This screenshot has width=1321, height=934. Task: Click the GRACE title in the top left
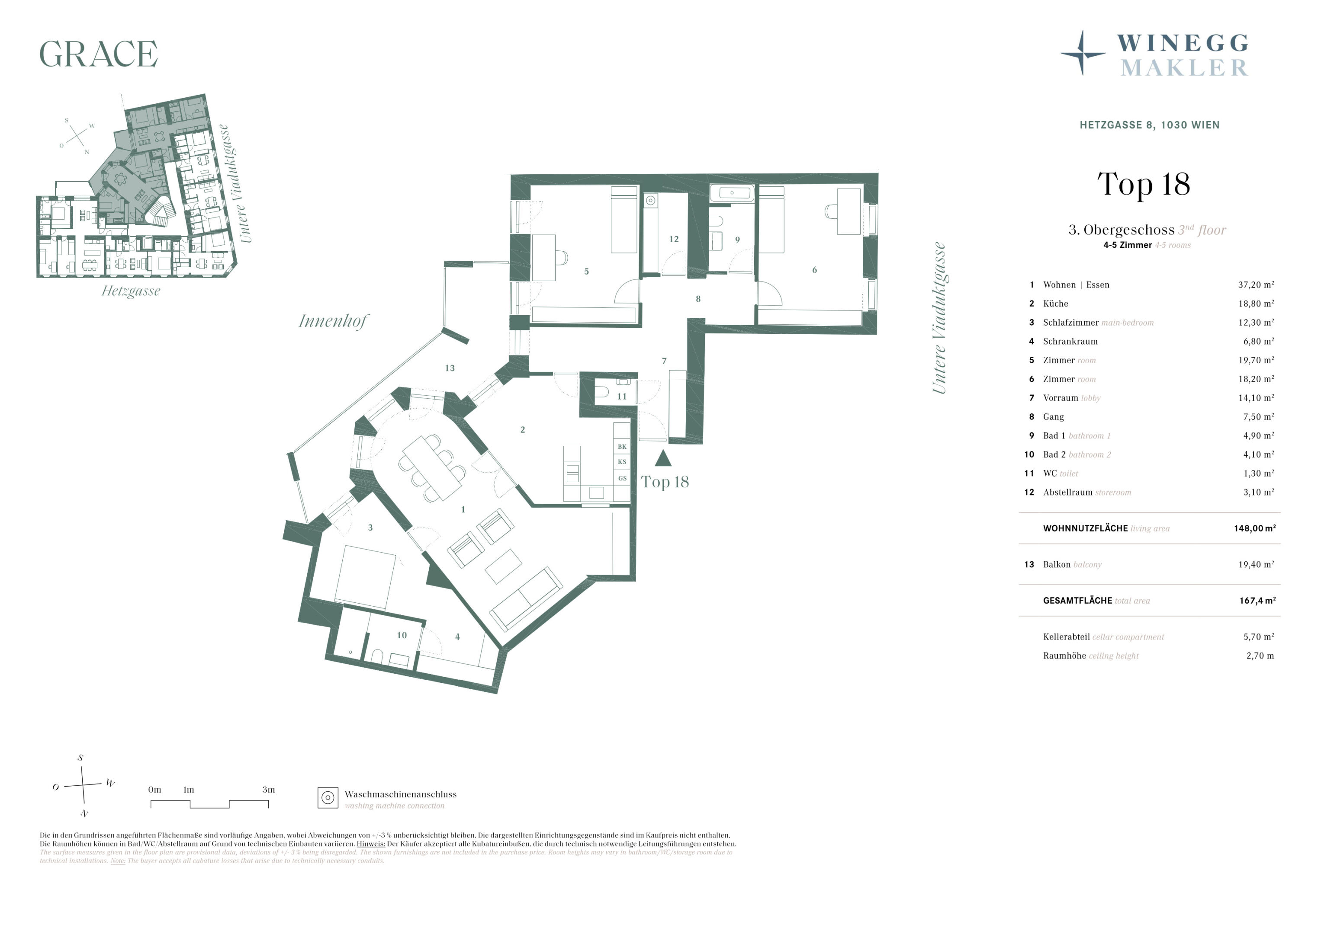click(98, 54)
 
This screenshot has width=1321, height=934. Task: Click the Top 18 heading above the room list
click(1144, 184)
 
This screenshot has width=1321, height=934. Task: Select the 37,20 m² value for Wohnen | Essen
click(1256, 285)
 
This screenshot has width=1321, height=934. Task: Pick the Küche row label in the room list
click(1056, 304)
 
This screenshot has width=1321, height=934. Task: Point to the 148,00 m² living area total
click(1255, 528)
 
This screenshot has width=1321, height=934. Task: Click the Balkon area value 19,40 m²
click(1256, 564)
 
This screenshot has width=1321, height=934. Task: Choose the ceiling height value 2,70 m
click(1260, 656)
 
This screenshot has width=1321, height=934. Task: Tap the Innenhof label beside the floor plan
click(334, 321)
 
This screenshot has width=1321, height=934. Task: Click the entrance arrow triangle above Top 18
click(663, 458)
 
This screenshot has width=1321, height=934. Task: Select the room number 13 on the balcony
click(450, 368)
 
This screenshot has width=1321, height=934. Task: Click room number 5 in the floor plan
click(586, 272)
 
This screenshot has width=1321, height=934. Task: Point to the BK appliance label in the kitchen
click(622, 447)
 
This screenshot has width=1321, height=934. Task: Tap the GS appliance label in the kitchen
click(622, 479)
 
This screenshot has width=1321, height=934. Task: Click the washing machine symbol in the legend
click(328, 798)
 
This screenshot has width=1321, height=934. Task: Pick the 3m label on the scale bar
click(269, 790)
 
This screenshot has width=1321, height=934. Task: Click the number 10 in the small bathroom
click(402, 636)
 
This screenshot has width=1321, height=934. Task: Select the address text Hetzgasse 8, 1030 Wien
click(1150, 125)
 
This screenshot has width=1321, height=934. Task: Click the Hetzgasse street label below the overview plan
click(131, 291)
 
